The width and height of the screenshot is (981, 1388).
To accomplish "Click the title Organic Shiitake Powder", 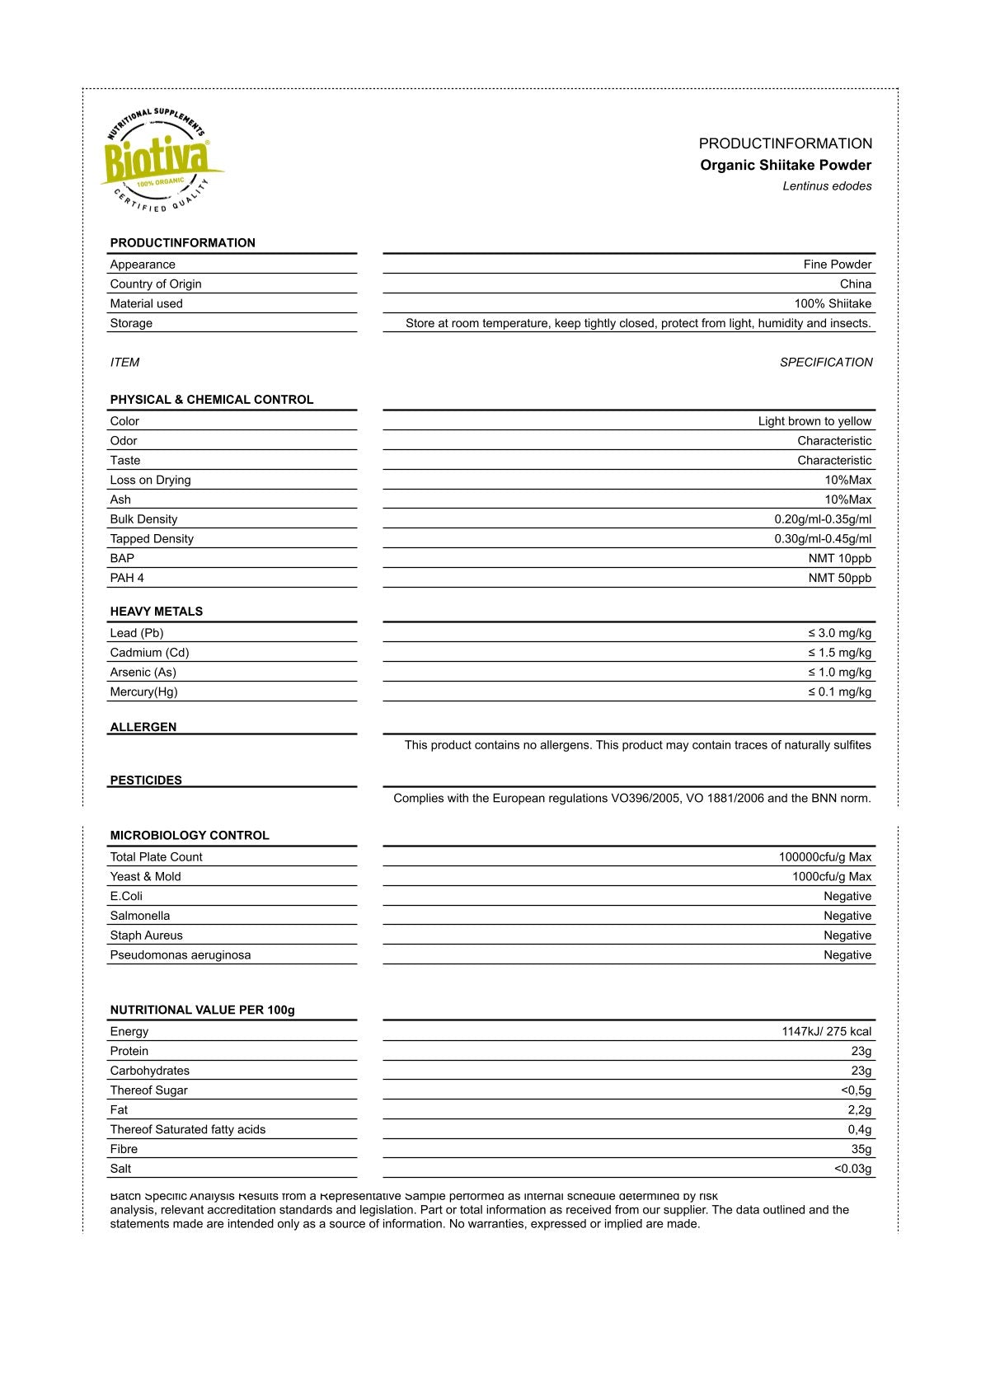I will pos(785,165).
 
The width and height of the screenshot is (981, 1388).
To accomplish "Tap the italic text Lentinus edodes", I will pos(826,186).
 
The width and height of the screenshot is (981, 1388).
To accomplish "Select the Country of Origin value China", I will pos(855,284).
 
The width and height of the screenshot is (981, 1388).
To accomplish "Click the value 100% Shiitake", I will pos(832,303).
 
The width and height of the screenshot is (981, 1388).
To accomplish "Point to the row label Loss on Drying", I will pos(150,480).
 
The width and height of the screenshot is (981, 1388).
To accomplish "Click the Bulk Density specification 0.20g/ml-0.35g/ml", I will pos(822,519).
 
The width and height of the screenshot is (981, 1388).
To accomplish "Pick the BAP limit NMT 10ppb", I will pos(839,558).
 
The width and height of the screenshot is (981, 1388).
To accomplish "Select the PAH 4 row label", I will pos(127,578).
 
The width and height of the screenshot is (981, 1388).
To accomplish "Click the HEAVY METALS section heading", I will pos(156,612).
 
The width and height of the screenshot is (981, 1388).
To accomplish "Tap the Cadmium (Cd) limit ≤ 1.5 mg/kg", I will pos(839,653).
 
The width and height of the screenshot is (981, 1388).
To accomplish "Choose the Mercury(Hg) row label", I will pos(143,692).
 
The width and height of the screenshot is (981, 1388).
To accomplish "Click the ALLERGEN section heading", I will pos(143,727).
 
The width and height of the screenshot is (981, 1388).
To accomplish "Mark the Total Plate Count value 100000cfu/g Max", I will pos(824,857).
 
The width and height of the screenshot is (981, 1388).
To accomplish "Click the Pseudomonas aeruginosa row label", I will pos(180,955).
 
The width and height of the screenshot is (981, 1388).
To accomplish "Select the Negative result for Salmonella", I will pos(847,916).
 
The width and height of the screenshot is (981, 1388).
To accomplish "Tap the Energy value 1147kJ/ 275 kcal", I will pos(826,1032).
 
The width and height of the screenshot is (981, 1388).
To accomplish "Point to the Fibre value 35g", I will pos(861,1149).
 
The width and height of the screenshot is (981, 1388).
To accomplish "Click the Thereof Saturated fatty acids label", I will pos(187,1129).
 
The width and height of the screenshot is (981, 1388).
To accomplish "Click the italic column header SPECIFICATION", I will pos(825,362).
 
